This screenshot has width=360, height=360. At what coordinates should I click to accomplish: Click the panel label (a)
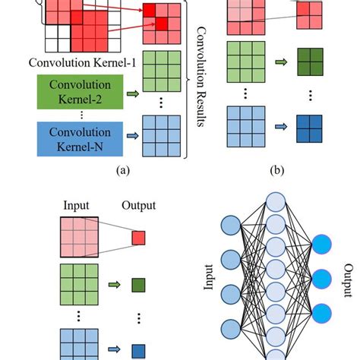[122, 172]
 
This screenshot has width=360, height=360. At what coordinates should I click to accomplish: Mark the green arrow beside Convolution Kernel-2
[134, 94]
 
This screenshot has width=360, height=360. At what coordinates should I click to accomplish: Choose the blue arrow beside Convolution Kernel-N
[134, 137]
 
